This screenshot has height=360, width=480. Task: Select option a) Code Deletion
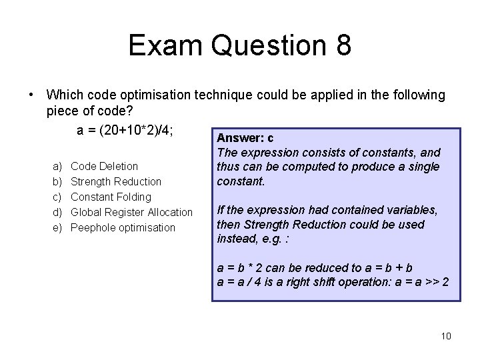coord(104,166)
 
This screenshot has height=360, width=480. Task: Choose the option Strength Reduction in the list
coord(115,181)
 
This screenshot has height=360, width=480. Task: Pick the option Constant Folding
coord(111,197)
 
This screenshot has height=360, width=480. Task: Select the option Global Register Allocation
coord(131,212)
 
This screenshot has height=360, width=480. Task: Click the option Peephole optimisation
coord(123,227)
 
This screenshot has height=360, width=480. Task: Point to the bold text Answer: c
coord(245,139)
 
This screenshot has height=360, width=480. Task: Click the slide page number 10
coord(445,335)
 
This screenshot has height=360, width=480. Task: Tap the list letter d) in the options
coord(56,212)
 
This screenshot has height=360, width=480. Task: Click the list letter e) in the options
coord(56,227)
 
